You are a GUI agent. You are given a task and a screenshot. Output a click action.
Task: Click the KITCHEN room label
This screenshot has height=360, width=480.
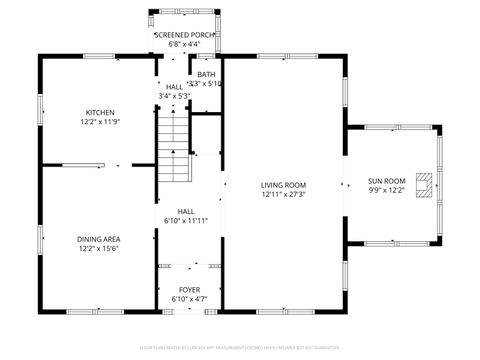[99, 113]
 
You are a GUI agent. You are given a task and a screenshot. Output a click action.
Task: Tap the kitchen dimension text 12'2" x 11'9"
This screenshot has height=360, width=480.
[99, 122]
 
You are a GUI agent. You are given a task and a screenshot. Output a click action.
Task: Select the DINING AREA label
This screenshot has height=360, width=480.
[99, 239]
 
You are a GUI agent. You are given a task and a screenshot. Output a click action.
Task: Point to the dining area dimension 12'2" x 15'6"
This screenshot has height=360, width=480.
[99, 248]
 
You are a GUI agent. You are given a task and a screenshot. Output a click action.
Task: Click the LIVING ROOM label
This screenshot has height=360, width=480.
[283, 185]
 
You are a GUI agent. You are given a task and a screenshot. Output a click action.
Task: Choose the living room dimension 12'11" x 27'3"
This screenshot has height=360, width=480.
[283, 194]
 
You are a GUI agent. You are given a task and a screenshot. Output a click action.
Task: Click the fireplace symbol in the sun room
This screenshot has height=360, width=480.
[425, 186]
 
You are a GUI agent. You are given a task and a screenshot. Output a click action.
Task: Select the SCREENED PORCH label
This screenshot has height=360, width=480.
[184, 35]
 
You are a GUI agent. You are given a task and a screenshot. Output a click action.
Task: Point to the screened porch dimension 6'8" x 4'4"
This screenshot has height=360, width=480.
[184, 44]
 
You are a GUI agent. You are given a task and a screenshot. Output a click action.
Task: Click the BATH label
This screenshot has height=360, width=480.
[205, 74]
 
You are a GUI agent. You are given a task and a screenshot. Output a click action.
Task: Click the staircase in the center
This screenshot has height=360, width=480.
[175, 145]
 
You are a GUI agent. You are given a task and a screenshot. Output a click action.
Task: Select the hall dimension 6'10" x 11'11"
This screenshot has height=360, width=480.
[186, 220]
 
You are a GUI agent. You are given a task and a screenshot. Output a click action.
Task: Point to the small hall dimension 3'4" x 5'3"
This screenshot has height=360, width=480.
[175, 96]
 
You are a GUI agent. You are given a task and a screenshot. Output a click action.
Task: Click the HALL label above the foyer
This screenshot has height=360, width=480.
[186, 211]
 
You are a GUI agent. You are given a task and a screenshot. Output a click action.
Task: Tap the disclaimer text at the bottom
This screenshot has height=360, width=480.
[239, 347]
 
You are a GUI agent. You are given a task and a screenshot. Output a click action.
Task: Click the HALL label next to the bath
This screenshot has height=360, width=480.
[175, 87]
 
